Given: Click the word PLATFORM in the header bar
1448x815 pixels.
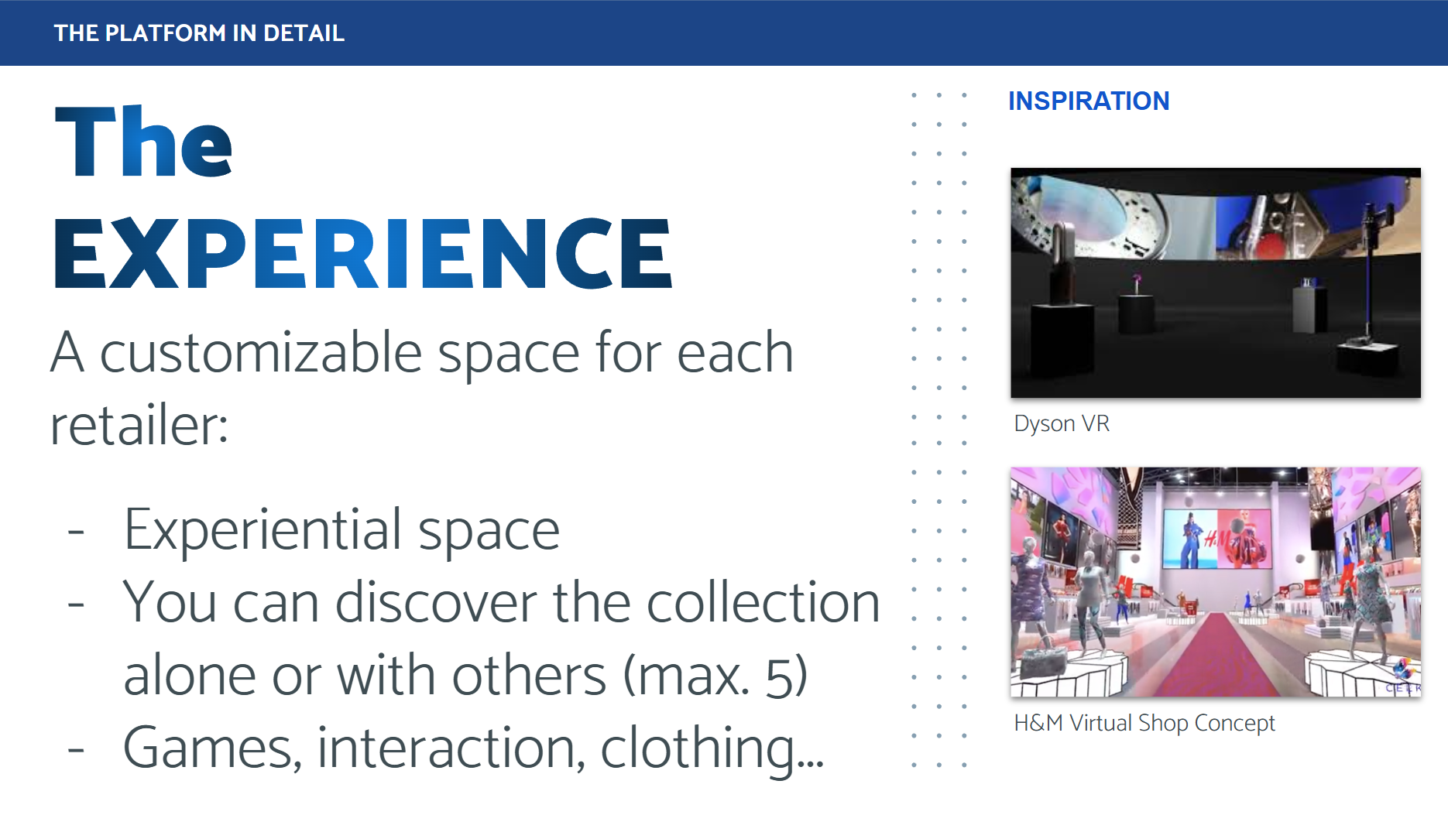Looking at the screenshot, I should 165,33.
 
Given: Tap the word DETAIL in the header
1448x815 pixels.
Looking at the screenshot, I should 304,33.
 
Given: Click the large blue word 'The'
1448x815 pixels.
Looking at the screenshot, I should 143,143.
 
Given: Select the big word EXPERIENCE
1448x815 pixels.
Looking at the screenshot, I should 362,254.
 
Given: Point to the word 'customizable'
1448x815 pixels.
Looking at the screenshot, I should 262,353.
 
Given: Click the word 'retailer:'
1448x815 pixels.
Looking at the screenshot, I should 139,426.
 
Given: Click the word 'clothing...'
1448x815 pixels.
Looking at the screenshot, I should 712,748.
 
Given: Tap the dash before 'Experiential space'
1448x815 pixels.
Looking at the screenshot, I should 76,532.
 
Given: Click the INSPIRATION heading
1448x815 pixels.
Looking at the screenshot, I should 1089,101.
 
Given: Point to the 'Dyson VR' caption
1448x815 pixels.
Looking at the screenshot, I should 1062,424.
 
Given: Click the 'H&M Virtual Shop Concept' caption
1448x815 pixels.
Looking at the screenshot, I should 1144,723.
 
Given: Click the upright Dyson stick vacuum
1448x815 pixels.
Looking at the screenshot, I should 1368,271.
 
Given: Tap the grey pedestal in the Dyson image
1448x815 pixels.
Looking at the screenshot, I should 1308,306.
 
